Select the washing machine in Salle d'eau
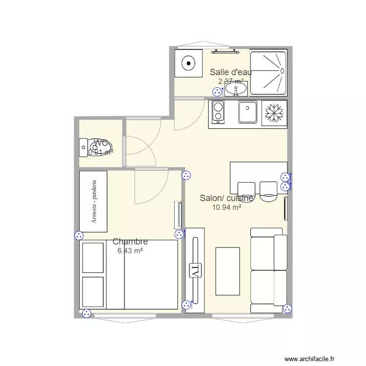tap(188, 63)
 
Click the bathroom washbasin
tap(236, 89)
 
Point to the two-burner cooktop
tap(218, 113)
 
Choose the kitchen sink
tap(247, 112)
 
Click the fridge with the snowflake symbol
tap(274, 113)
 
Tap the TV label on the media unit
tap(195, 270)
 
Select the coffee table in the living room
tap(227, 271)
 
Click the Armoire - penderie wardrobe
tap(93, 201)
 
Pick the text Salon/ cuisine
tap(226, 198)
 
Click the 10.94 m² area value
tap(226, 207)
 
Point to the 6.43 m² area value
tap(130, 251)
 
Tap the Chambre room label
tap(130, 242)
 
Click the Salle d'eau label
tap(231, 72)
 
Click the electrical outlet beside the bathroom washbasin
tap(217, 91)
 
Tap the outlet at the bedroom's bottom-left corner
tap(86, 314)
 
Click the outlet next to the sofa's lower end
tap(287, 308)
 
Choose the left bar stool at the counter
tap(246, 190)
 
